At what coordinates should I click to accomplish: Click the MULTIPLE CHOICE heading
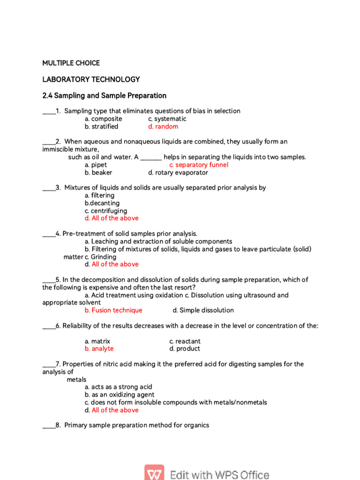point(71,63)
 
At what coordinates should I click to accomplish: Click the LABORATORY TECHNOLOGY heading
point(91,79)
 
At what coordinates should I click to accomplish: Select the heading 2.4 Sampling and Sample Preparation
point(104,96)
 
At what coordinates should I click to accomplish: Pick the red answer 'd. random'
point(163,127)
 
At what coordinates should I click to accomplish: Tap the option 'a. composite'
point(103,119)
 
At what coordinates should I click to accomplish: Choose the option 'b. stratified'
point(101,127)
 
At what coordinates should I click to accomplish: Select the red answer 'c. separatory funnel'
point(199,165)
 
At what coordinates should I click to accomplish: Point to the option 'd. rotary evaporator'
point(178,172)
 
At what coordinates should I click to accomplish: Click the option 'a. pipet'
point(96,165)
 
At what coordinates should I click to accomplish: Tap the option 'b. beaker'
point(98,172)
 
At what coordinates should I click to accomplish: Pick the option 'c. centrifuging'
point(105,211)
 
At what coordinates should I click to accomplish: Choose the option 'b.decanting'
point(102,203)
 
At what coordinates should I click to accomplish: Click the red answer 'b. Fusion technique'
point(113,310)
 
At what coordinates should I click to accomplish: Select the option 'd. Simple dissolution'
point(203,310)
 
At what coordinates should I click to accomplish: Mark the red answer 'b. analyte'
point(99,349)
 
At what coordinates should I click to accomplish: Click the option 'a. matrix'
point(97,341)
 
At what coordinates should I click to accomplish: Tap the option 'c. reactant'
point(185,341)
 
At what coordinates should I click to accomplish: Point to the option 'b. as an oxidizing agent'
point(120,395)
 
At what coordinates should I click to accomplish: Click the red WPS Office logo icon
point(154,472)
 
